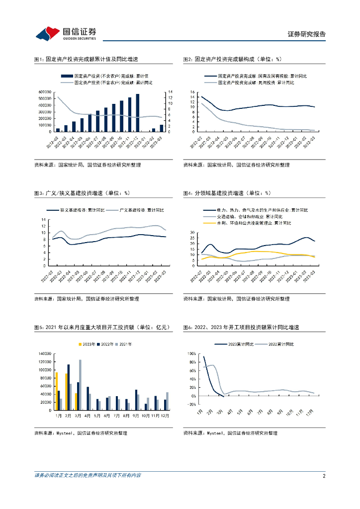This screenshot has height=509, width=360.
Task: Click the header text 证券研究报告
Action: (x=307, y=34)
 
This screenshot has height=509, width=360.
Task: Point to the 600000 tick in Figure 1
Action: (x=44, y=92)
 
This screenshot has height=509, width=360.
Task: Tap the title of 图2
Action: (x=232, y=59)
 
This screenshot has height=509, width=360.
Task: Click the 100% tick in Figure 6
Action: (x=191, y=354)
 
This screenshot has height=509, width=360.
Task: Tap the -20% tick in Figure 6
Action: (x=191, y=404)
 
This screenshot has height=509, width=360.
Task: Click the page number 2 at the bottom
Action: (x=324, y=476)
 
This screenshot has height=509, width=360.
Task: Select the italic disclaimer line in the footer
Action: (x=88, y=476)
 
